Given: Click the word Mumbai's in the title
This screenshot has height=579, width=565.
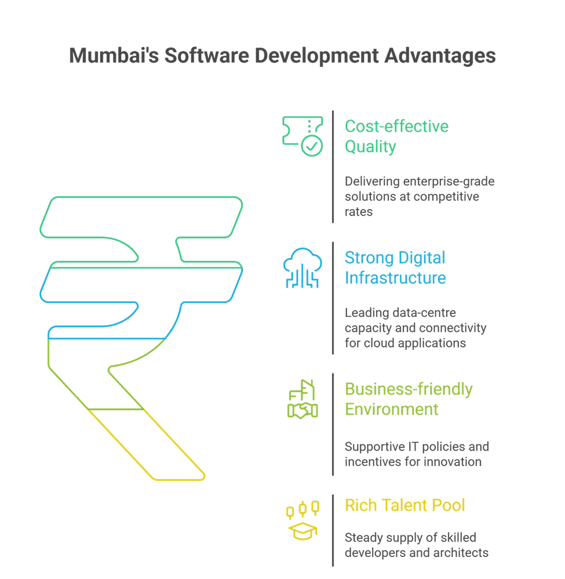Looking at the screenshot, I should tap(112, 56).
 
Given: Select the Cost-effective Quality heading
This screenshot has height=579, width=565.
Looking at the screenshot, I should tap(396, 136).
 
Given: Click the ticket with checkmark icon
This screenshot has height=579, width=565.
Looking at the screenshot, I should tap(302, 136).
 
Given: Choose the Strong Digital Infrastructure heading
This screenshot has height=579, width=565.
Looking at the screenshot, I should tap(395, 267).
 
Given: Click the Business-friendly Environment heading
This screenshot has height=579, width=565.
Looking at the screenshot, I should tap(409, 399).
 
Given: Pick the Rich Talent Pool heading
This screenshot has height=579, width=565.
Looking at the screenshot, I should tap(404, 505).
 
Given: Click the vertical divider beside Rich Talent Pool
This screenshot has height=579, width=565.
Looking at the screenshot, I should tap(333, 529).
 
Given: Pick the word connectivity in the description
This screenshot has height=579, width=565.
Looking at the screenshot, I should tap(451, 328).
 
